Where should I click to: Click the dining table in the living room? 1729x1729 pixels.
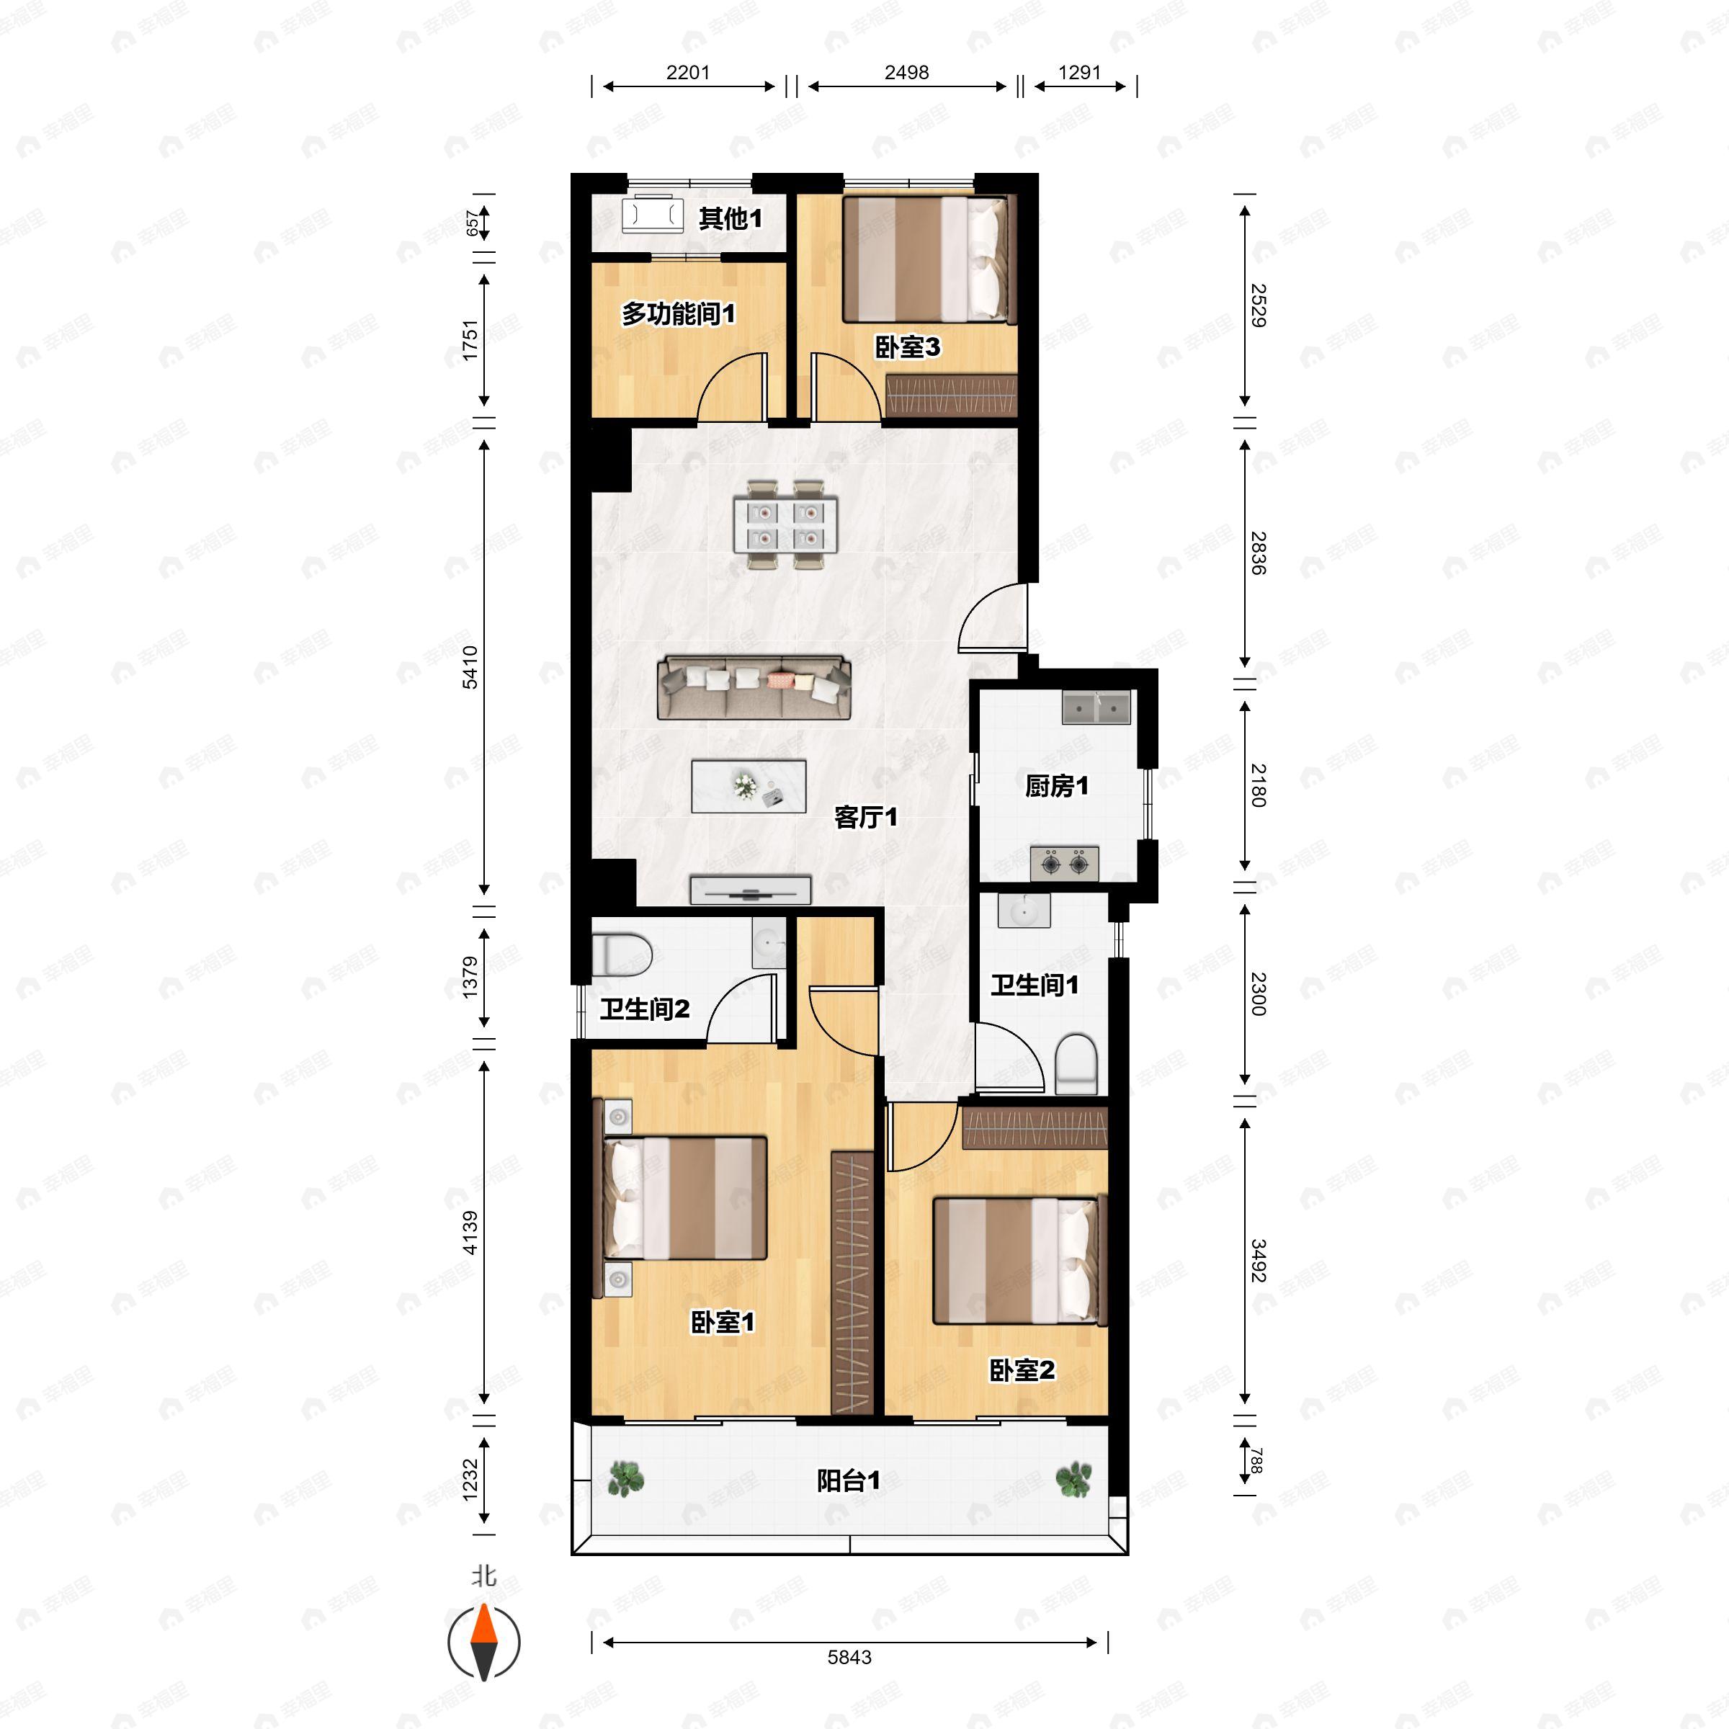point(786,525)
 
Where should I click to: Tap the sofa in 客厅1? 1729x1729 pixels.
point(754,688)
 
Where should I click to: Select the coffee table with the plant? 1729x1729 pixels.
point(749,786)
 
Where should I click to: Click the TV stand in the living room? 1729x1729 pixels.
point(750,890)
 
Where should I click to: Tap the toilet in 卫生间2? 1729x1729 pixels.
point(621,955)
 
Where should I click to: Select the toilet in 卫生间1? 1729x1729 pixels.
point(1076,1064)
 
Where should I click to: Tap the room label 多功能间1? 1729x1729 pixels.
point(679,314)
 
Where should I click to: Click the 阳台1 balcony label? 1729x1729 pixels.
point(849,1481)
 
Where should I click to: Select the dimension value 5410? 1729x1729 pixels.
point(470,666)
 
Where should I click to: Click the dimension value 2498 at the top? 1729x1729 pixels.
point(906,73)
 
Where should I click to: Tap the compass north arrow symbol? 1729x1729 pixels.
point(484,1643)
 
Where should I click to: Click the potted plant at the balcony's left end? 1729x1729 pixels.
point(625,1479)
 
